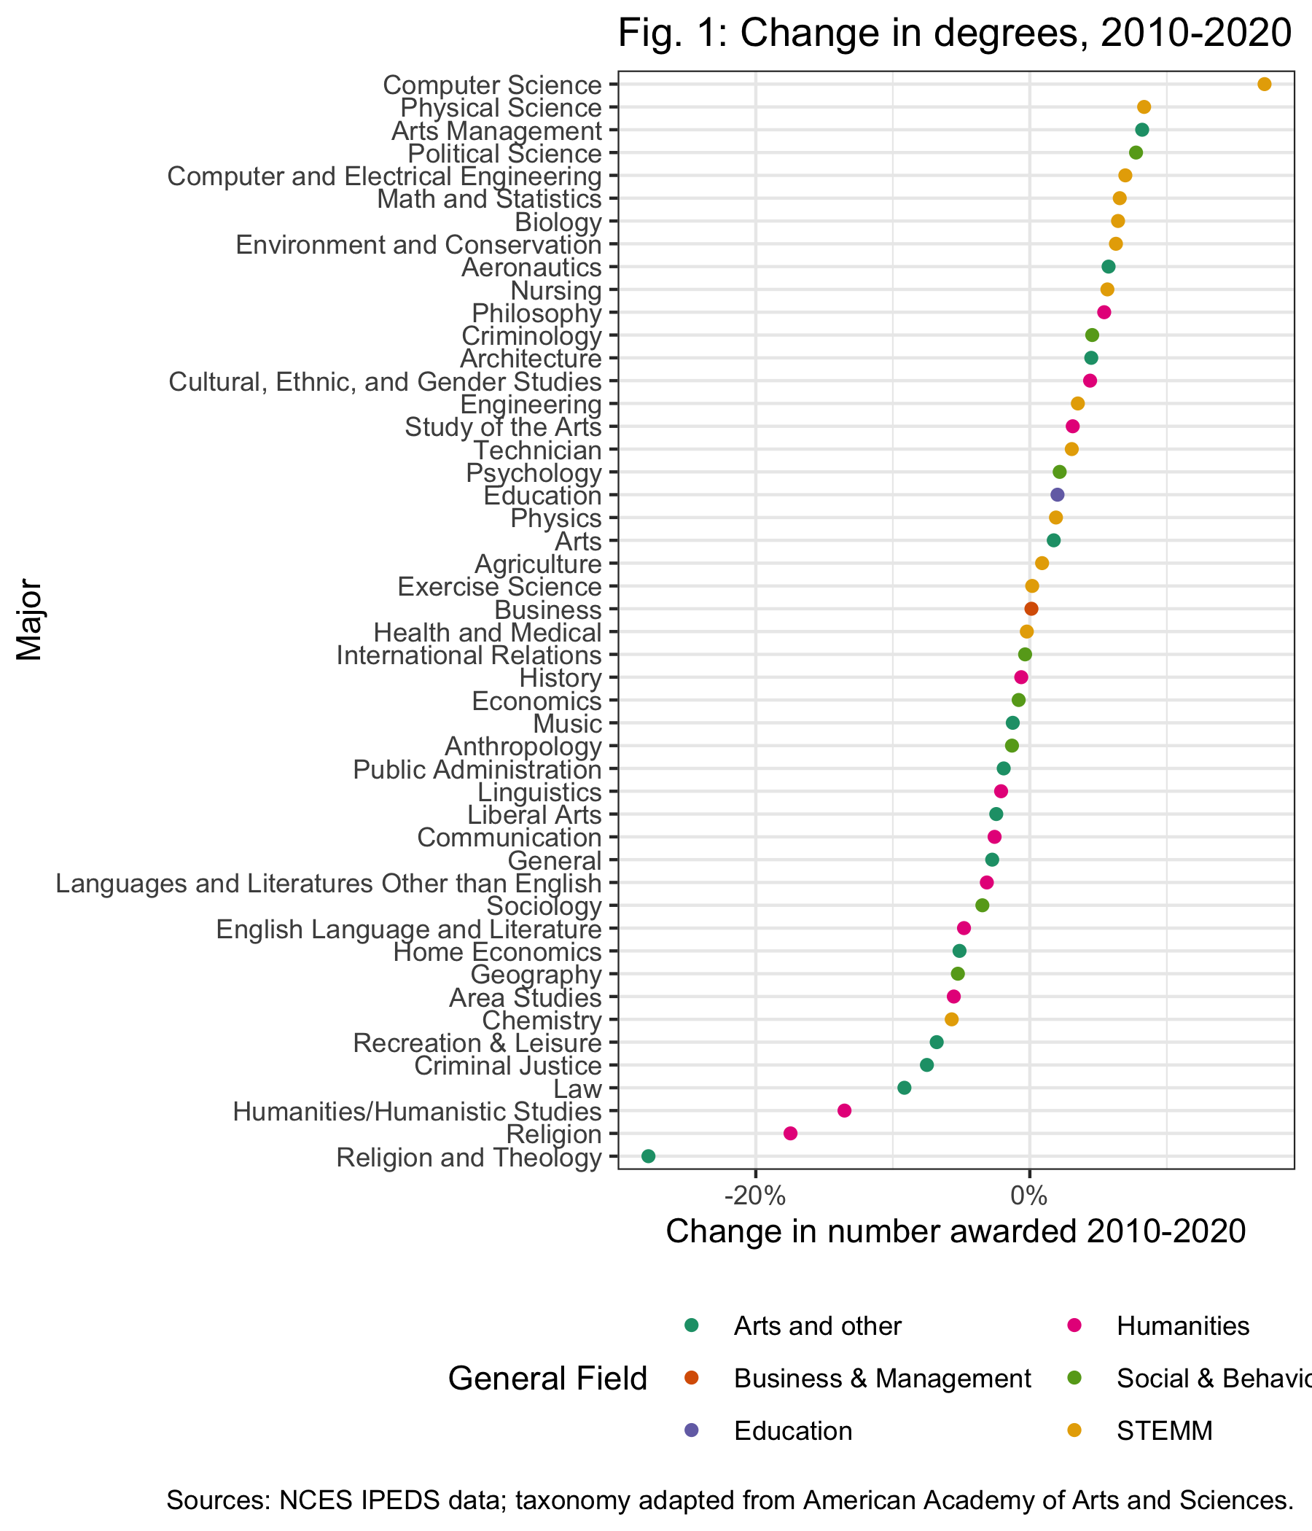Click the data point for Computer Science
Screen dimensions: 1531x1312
click(1264, 85)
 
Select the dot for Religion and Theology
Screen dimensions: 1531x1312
click(648, 1156)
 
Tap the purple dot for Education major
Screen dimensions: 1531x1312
click(1057, 495)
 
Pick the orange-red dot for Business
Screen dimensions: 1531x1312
click(1031, 609)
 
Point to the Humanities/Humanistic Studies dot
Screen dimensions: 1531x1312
click(844, 1110)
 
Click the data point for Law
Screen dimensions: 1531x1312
click(905, 1088)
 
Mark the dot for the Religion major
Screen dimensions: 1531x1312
click(789, 1134)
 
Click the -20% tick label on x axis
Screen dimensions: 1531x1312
click(755, 1196)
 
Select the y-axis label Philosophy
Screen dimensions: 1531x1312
click(536, 313)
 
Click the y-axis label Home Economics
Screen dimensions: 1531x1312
click(497, 951)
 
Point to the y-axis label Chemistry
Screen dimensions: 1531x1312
click(542, 1021)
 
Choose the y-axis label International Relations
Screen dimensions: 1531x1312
click(469, 655)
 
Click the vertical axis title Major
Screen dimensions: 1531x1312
click(30, 620)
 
